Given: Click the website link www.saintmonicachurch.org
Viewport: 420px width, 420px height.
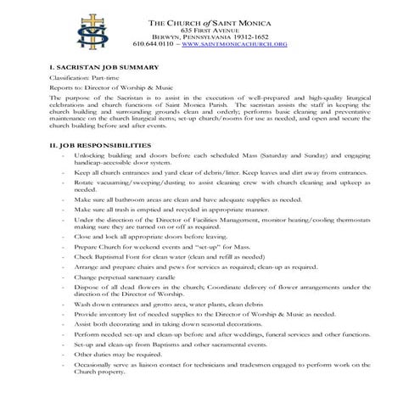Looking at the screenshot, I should [234, 42].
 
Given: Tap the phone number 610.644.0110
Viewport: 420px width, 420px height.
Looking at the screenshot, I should [154, 42].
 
